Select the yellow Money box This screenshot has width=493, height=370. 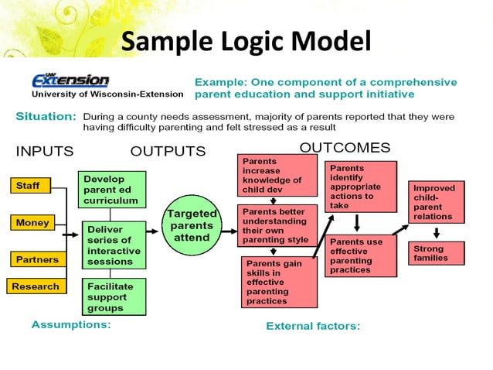tap(32, 223)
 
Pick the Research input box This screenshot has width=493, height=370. tap(36, 286)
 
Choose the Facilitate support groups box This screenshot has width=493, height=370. tap(112, 296)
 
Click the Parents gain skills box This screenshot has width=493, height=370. tap(280, 282)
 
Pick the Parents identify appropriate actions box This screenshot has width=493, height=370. tap(361, 186)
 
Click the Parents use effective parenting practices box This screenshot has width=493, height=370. tap(361, 256)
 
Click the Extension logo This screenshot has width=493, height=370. tap(71, 81)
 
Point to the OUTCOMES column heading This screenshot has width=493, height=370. tap(345, 147)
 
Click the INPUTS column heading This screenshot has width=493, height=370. tap(45, 150)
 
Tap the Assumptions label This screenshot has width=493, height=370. tap(71, 325)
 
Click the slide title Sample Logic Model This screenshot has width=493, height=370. tap(246, 41)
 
